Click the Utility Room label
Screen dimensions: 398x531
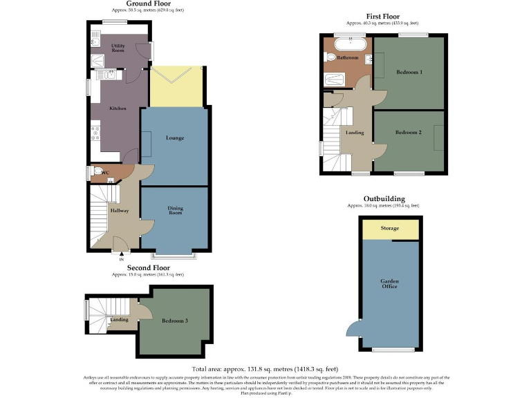[118, 48]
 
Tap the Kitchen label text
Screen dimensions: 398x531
[118, 108]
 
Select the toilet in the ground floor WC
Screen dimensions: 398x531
[97, 172]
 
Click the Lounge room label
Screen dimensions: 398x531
[175, 138]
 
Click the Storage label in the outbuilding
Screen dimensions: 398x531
[390, 229]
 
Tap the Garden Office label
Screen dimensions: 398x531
[389, 283]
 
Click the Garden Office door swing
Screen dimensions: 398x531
[353, 329]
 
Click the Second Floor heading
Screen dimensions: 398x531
[148, 267]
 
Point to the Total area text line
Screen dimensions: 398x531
[265, 370]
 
